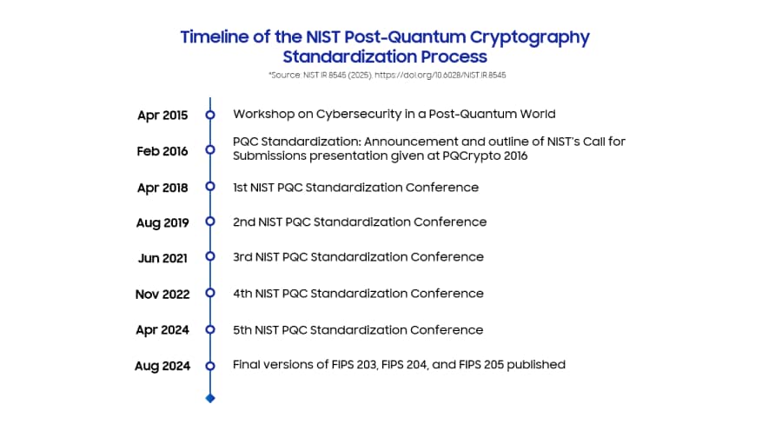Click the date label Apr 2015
pos(162,115)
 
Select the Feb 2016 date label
pos(162,150)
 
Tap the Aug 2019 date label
pos(162,222)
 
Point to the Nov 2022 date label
pos(162,295)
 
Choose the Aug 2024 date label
pos(162,366)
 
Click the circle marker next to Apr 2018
pos(209,187)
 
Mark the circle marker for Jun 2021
pos(209,257)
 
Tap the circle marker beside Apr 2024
pos(209,330)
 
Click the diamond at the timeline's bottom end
pos(209,398)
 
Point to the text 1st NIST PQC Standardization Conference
pos(355,187)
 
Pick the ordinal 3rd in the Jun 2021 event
pos(243,257)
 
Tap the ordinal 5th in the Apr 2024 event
pos(243,330)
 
